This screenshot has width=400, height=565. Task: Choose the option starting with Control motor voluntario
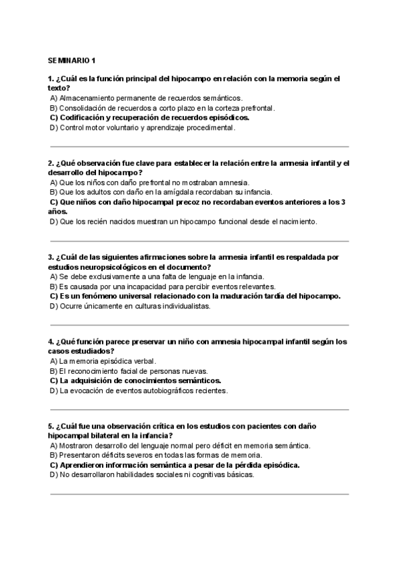pos(143,127)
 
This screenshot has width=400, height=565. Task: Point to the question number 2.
pos(51,163)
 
